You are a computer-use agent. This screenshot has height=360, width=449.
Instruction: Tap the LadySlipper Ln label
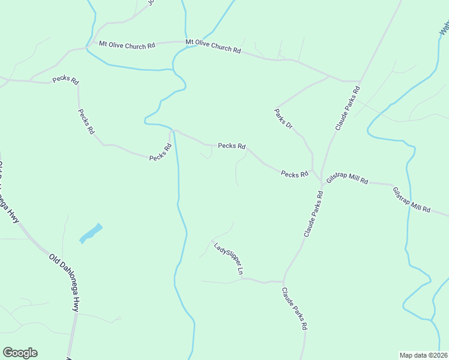[x=229, y=259]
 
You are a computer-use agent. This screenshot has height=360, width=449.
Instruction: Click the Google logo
[x=20, y=353]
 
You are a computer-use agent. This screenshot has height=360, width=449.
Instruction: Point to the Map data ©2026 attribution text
[x=423, y=355]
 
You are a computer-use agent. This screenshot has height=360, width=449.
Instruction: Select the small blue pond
[x=91, y=233]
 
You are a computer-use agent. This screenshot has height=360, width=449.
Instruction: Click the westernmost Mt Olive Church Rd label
[x=127, y=45]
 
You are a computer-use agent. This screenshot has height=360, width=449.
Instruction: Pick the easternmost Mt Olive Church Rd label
[x=213, y=47]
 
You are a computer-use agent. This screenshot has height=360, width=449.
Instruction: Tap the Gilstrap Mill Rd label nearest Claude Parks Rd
[x=346, y=180]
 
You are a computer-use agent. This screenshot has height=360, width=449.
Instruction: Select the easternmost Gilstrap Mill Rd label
[x=412, y=200]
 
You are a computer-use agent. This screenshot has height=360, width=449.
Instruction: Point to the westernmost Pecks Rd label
[x=65, y=79]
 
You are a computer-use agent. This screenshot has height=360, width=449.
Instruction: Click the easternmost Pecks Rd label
[x=294, y=174]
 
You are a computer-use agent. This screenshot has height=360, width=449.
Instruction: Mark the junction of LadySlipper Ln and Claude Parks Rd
[x=283, y=281]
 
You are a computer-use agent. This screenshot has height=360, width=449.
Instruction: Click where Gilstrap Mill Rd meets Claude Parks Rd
[x=322, y=179]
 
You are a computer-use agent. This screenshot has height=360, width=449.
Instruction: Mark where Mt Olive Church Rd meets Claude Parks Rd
[x=359, y=81]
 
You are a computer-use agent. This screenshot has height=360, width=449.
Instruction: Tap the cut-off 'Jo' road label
[x=151, y=3]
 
